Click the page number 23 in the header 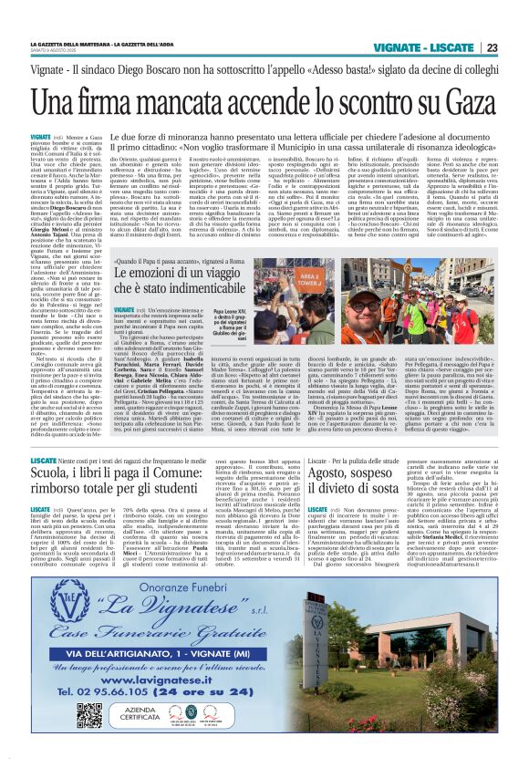click(492, 47)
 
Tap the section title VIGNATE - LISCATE click(432, 47)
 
